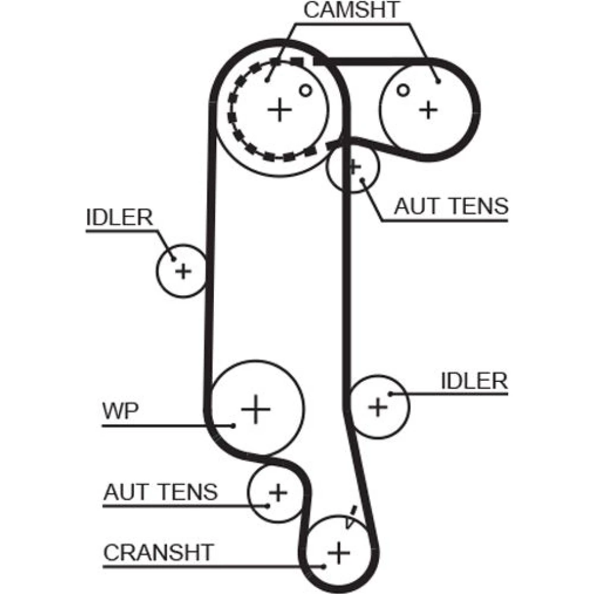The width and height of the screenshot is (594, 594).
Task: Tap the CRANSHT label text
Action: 157,552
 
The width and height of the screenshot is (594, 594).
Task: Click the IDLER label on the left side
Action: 119,218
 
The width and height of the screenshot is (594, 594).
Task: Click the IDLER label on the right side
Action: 474,381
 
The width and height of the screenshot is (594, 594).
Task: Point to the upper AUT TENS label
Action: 451,206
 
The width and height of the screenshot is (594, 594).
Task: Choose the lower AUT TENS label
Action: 160,492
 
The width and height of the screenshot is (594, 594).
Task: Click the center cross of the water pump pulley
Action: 256,409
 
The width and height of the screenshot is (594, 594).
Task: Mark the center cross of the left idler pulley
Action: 184,271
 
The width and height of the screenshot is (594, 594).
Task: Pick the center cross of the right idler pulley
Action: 378,407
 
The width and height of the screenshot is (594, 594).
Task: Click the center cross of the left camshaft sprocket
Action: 279,110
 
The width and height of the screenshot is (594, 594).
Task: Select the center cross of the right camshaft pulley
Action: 428,109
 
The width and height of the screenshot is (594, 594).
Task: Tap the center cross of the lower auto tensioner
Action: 277,492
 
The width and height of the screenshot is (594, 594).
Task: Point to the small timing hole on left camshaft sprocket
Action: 305,90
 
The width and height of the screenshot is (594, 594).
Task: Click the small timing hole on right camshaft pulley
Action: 403,90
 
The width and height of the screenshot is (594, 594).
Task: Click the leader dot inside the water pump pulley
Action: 233,425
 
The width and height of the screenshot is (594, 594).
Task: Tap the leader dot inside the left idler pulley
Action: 173,258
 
